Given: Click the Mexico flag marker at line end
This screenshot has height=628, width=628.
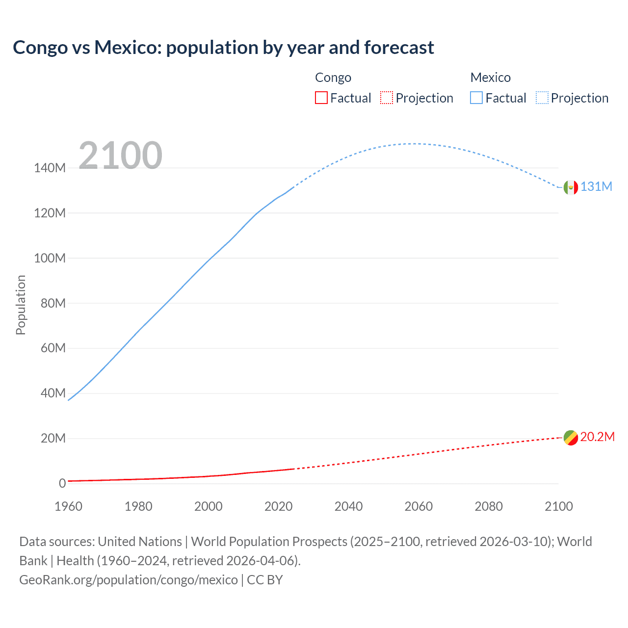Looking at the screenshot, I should coord(571,187).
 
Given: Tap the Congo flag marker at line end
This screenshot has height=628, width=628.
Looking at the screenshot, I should coord(571,438).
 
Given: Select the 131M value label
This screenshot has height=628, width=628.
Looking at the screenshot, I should coord(596,187).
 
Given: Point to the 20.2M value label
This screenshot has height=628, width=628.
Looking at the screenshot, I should coord(597,437).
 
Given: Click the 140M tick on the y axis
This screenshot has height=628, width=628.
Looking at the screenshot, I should coord(50,168).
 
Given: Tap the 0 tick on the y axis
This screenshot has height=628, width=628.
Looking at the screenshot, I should coord(62,483).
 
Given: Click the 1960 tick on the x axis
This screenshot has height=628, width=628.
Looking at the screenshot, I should coord(68,506).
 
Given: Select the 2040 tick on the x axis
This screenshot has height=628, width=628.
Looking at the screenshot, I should coord(348,506).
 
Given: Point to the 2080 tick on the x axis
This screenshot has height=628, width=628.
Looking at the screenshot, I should coord(489,506).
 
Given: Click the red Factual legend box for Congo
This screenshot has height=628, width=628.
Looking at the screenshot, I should coord(321,98).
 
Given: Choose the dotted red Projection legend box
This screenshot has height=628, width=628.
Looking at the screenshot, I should coord(387,98).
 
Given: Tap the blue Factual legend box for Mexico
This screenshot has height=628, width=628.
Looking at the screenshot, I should coord(476,98).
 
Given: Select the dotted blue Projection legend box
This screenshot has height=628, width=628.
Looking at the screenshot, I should coord(542,98).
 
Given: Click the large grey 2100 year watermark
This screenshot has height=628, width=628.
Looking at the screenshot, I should coord(120,156).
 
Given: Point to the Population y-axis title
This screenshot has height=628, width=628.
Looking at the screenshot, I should coord(21,305).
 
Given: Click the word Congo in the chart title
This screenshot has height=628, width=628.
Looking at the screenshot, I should coord(40,48).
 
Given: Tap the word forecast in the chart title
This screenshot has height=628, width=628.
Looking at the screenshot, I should coord(399,48).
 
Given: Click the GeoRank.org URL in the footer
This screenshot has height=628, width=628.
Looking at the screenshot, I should coord(129,580).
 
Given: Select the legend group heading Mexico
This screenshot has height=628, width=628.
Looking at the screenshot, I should coord(490,78).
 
